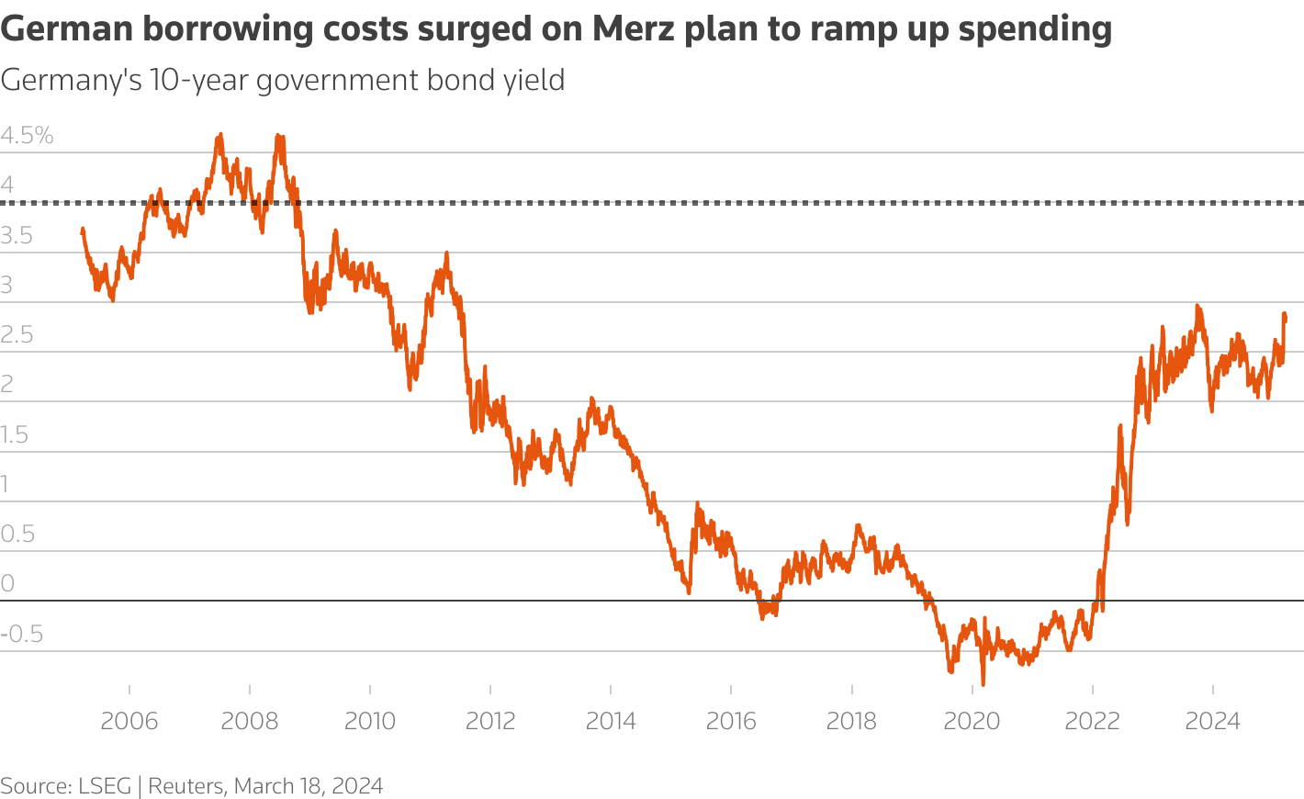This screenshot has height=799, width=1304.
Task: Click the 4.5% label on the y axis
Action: pyautogui.click(x=28, y=136)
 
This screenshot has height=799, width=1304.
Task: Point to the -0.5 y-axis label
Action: pyautogui.click(x=22, y=634)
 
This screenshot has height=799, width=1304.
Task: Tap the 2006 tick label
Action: pyautogui.click(x=129, y=721)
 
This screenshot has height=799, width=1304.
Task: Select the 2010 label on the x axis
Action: pyautogui.click(x=370, y=721)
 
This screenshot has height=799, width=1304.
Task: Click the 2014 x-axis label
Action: pyautogui.click(x=611, y=721)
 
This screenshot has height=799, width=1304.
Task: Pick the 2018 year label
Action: pyautogui.click(x=851, y=721)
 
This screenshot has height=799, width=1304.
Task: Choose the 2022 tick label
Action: pyautogui.click(x=1092, y=721)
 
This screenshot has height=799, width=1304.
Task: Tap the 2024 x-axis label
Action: pyautogui.click(x=1212, y=721)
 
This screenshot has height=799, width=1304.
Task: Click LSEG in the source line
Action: pyautogui.click(x=105, y=786)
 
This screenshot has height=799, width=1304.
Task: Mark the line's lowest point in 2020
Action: pyautogui.click(x=983, y=684)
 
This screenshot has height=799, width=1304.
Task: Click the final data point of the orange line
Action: pyautogui.click(x=1285, y=319)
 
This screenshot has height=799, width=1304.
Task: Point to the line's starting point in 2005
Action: pyautogui.click(x=83, y=231)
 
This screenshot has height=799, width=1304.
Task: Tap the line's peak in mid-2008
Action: pyautogui.click(x=279, y=137)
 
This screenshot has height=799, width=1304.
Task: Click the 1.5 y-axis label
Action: pyautogui.click(x=15, y=434)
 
